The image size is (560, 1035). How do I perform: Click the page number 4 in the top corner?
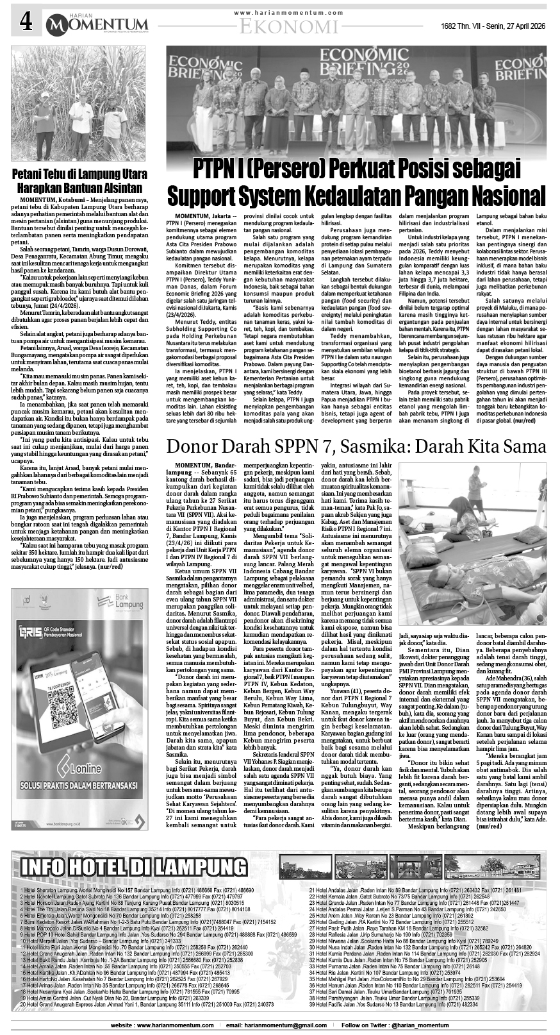point(25,23)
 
